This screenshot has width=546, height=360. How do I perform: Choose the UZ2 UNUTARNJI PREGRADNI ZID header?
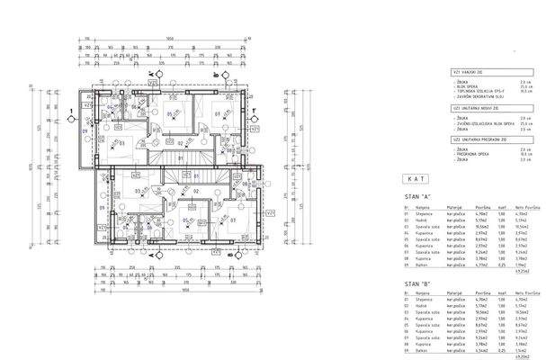click(x=477, y=140)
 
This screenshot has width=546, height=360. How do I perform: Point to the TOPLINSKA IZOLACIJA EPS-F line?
click(x=481, y=91)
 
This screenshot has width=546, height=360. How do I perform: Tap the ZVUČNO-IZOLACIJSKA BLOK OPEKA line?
click(x=486, y=122)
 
